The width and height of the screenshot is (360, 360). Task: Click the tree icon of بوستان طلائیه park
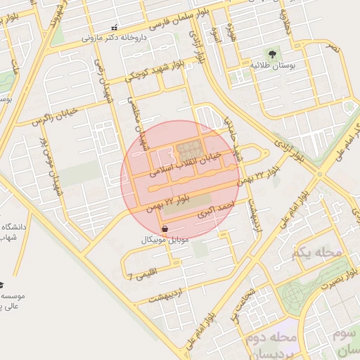[x=271, y=53]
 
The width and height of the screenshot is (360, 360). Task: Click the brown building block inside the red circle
[x=188, y=150]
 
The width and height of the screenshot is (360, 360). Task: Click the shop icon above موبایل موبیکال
[x=165, y=229]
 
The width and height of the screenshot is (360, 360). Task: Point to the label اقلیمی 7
[x=143, y=273]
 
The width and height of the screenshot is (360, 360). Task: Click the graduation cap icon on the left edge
[x=1, y=285]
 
